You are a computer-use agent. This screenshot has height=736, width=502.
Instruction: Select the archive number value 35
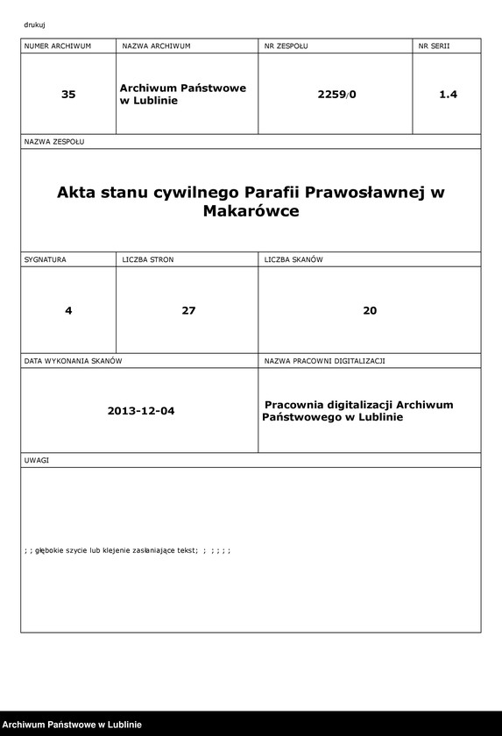(68, 95)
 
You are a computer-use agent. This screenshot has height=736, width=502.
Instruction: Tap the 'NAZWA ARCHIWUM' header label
(156, 45)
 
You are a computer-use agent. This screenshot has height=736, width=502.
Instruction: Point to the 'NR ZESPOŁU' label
(286, 45)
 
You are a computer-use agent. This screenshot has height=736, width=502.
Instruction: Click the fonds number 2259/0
(337, 95)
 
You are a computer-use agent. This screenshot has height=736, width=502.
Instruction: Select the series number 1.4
(448, 95)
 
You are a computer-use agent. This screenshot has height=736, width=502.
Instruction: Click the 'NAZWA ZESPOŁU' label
(54, 141)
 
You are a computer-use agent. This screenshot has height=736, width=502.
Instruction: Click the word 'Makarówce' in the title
(251, 211)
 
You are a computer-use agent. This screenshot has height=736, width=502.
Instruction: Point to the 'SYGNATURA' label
(46, 259)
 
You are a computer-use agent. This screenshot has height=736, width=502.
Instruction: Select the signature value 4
(68, 310)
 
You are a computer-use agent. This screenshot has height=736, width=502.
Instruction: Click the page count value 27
(188, 310)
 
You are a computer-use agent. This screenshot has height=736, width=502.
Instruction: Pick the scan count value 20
(370, 310)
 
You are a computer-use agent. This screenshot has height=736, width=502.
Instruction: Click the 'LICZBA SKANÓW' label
(294, 259)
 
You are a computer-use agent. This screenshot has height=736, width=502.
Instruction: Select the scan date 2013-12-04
(141, 410)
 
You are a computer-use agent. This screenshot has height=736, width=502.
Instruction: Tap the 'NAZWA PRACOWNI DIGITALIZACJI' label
(325, 360)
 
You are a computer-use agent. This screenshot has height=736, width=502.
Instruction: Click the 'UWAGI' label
(37, 460)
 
